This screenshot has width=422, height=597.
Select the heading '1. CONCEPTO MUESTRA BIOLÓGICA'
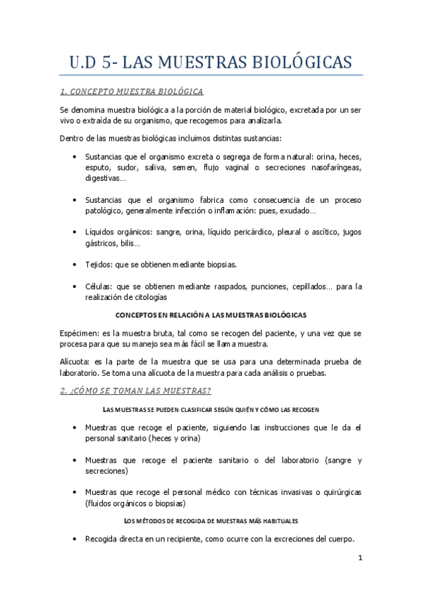[x=132, y=92]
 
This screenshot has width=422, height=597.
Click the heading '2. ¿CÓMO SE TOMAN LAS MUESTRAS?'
[x=135, y=391]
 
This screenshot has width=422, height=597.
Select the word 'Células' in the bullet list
[x=99, y=287]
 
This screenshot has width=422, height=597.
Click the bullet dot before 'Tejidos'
[x=75, y=264]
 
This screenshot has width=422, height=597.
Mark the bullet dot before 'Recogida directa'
[x=75, y=539]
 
